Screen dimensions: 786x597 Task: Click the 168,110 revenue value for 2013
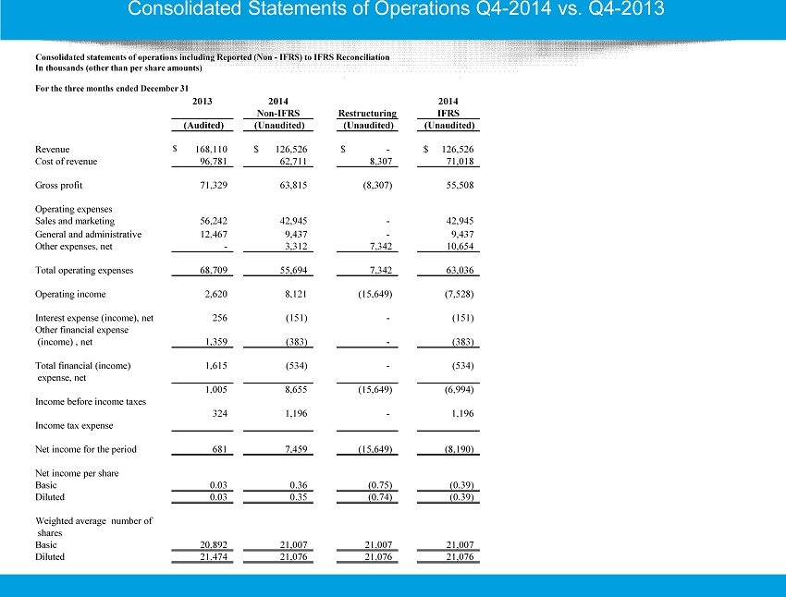point(211,150)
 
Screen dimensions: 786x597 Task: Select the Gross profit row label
point(58,186)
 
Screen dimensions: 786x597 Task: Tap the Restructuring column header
point(367,113)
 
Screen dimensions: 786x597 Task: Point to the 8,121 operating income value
point(296,294)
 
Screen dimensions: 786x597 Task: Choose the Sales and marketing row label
point(75,221)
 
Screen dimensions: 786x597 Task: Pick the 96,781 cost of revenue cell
point(214,162)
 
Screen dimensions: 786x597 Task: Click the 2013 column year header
point(202,101)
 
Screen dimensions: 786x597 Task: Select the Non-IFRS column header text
point(278,113)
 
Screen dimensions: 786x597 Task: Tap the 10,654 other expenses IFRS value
point(461,247)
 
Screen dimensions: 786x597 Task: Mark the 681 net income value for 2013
point(219,449)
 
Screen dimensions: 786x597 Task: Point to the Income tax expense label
point(74,426)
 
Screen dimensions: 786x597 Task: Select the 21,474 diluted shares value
point(214,556)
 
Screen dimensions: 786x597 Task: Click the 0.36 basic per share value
point(299,485)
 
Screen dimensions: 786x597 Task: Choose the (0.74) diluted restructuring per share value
point(380,497)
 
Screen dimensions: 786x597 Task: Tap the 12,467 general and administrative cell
point(214,235)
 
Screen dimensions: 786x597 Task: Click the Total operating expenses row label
point(84,271)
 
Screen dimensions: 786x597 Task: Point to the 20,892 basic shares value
point(214,544)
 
